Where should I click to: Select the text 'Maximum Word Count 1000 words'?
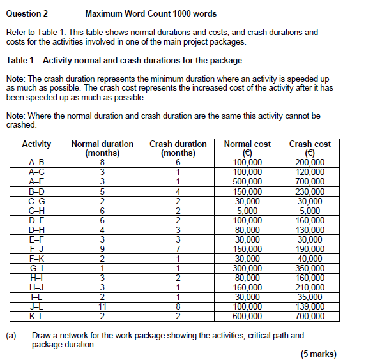[x=151, y=13]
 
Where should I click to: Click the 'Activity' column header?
[x=36, y=144]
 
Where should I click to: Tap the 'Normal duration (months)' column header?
[x=102, y=149]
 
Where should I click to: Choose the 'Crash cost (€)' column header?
[x=310, y=149]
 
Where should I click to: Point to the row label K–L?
[x=36, y=315]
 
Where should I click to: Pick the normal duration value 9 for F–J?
[x=102, y=248]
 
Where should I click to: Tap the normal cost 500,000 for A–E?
[x=247, y=181]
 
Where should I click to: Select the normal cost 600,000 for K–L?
[x=247, y=315]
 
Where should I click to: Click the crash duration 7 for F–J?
[x=178, y=248]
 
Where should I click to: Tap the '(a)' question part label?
[x=11, y=335]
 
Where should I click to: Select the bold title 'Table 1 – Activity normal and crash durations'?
[x=124, y=61]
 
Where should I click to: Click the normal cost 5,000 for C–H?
[x=247, y=210]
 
